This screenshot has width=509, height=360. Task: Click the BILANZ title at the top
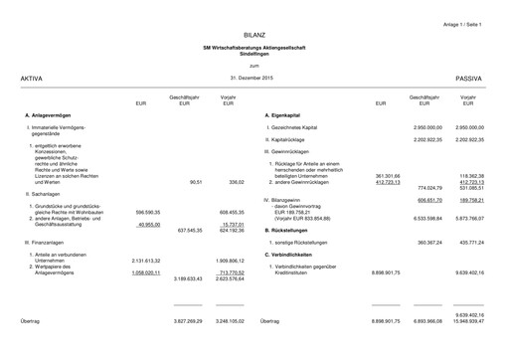[x=254, y=35]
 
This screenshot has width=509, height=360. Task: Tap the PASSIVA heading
[x=468, y=77]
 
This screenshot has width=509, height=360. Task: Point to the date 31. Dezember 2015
[x=251, y=77]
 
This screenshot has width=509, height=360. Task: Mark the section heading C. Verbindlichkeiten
[x=292, y=255]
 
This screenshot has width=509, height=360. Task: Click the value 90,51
[x=195, y=182]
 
